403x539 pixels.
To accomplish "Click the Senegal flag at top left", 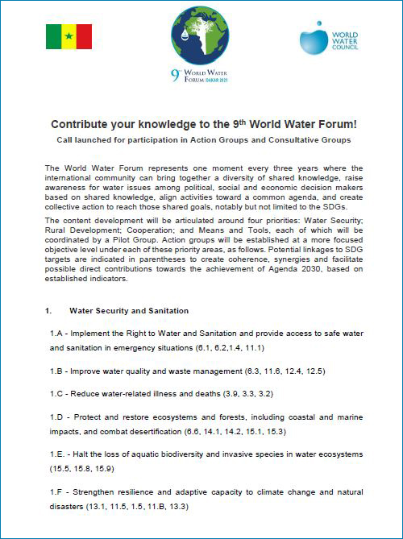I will [69, 36].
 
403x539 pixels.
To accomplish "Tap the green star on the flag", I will [69, 36].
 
